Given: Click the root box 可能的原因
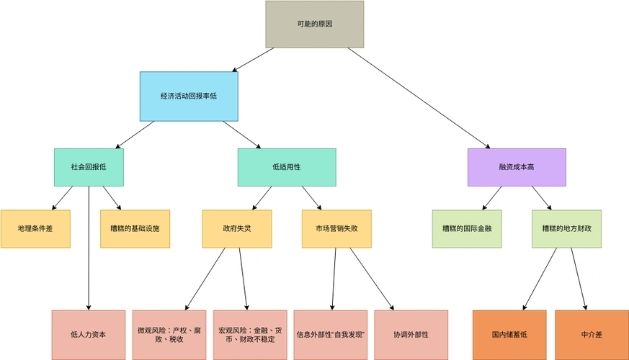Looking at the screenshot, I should pos(314,24).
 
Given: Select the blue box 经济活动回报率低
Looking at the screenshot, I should pos(188,96).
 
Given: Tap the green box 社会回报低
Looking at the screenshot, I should pos(89,167).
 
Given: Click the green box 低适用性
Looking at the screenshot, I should pos(287,167).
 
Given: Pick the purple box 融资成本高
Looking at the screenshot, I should pos(517,167).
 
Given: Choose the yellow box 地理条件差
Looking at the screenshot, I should pos(35,228).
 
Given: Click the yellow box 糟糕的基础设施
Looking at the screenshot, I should pos(135,228).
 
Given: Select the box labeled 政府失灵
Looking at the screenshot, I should pos(237,228).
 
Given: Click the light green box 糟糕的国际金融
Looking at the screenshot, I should pos(467,228).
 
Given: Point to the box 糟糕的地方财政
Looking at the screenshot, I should pos(566,228).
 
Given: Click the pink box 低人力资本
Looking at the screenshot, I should pos(89,334).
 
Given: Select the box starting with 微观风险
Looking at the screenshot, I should pos(169,334).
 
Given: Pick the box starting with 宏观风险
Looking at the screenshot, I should pos(250,334).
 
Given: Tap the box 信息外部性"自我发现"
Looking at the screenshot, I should pos(331,334).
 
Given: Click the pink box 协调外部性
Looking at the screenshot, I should pos(411,334).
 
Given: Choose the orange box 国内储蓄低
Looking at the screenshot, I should pos(509,334).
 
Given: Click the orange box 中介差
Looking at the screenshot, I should pos(590,334).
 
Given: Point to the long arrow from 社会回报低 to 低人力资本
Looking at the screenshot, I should pos(89,248).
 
